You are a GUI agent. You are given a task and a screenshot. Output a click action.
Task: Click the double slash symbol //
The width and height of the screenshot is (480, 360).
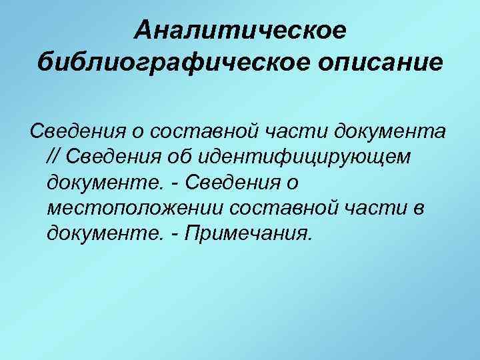(55, 155)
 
